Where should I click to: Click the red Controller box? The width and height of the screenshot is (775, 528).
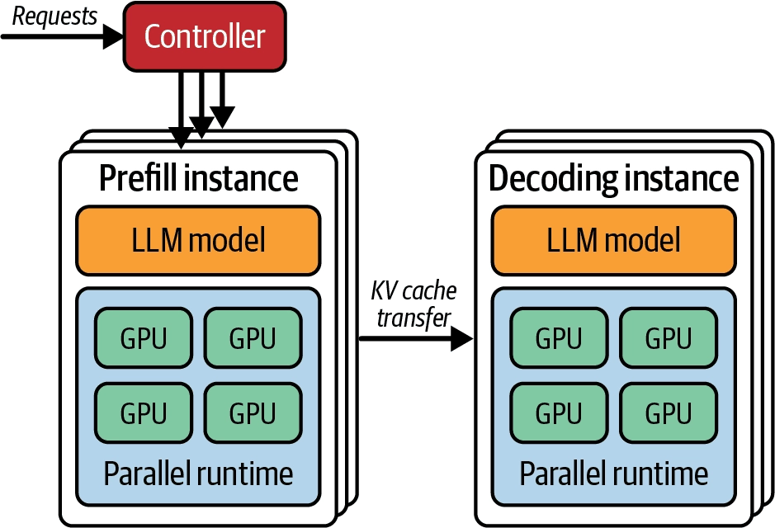coord(205,36)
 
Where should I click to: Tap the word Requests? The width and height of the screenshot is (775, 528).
coord(54,16)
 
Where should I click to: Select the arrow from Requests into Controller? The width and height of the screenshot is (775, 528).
coord(62,36)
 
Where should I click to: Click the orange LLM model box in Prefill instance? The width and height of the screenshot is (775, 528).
coord(198,241)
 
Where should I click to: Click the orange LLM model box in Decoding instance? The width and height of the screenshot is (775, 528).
coord(614,241)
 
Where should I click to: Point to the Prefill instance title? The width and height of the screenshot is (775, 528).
coord(198,178)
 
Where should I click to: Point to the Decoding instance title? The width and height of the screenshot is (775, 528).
coord(614,179)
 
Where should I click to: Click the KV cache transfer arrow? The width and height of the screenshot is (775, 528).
coord(416,339)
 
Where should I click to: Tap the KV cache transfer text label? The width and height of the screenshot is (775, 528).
coord(413,304)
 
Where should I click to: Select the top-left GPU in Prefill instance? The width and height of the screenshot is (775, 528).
coord(144,338)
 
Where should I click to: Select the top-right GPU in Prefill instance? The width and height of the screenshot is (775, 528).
coord(253,338)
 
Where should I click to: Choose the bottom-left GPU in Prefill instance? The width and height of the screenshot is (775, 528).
coord(144,413)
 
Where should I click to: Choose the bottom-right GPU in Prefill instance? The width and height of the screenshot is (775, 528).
coord(253,413)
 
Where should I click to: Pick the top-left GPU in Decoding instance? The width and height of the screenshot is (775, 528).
coord(559,338)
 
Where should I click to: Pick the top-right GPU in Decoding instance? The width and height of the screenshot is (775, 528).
coord(669,338)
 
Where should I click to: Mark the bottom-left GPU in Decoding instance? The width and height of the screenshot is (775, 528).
coord(559,413)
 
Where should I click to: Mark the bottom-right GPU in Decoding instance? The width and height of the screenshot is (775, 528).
coord(669,413)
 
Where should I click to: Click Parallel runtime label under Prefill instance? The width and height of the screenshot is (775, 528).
coord(198,474)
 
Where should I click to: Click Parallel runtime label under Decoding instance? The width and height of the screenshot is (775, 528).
coord(614,474)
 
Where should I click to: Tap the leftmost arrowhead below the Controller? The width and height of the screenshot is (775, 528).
coord(181,137)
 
